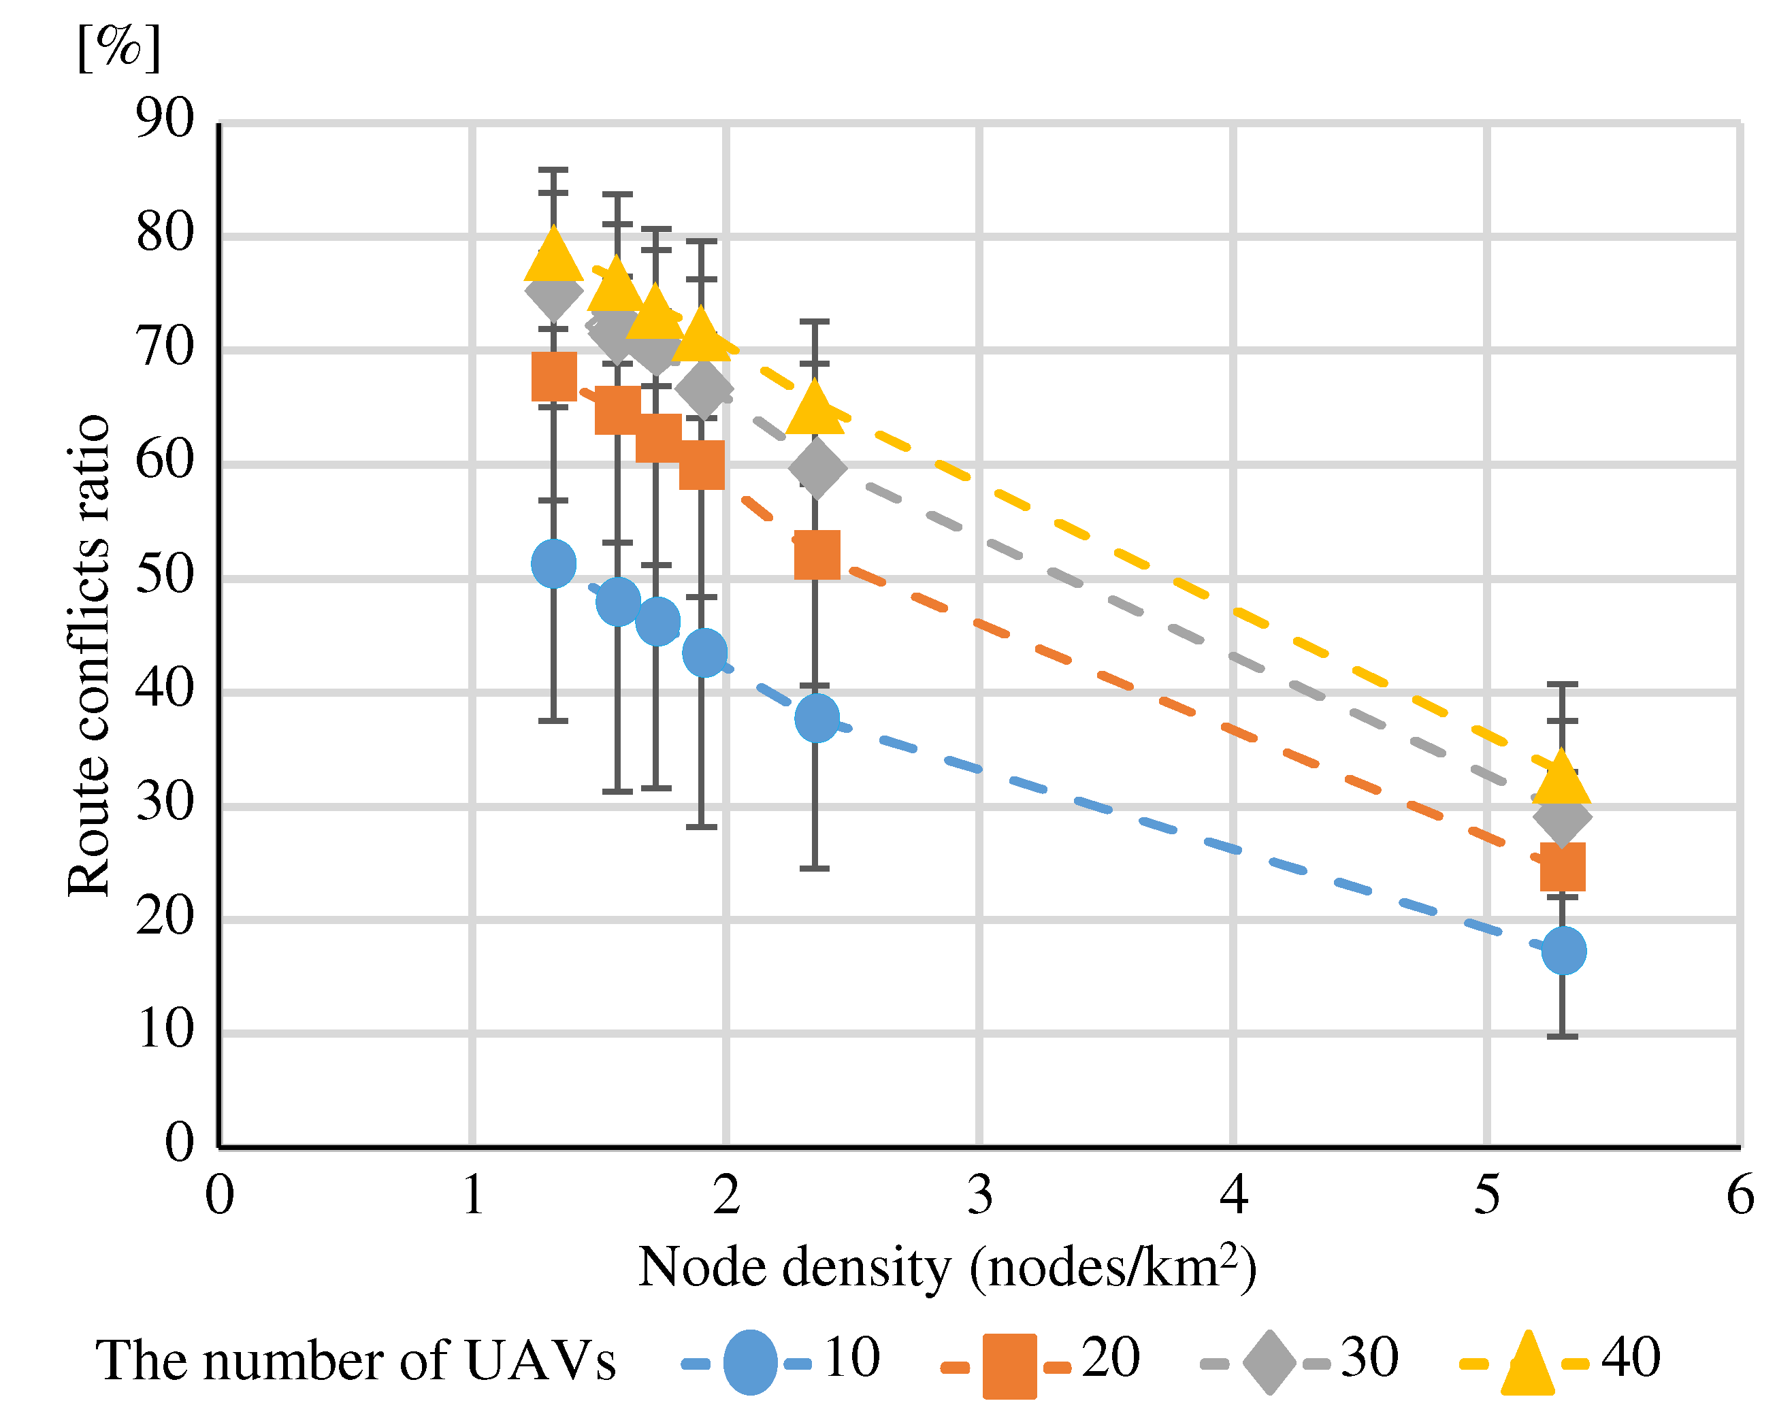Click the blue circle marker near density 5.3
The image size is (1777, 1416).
tap(1563, 951)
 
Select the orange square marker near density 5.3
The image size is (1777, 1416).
tap(1563, 866)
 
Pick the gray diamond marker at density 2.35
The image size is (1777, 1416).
tap(817, 468)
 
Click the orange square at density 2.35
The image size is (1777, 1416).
tap(817, 555)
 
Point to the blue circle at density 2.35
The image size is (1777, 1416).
tap(817, 718)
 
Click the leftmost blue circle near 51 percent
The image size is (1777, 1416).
tap(554, 564)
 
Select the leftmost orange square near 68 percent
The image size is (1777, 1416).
tap(554, 377)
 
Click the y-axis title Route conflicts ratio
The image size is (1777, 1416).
tap(88, 655)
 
